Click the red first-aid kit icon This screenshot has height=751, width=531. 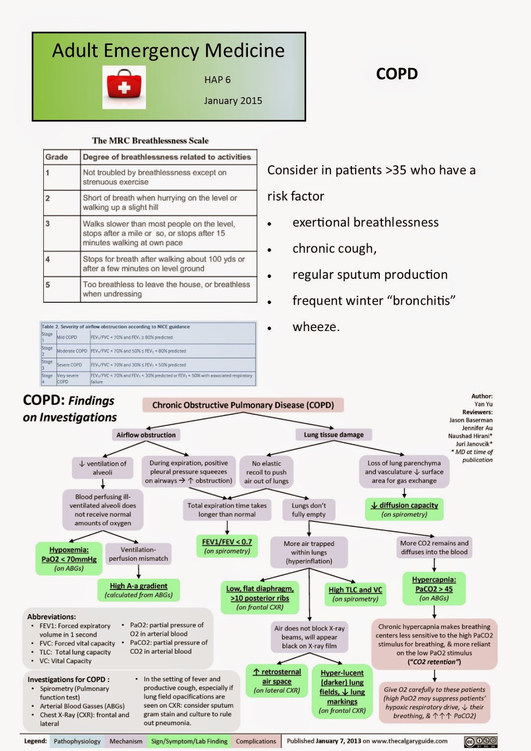(124, 86)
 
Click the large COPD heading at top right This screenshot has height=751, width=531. (397, 74)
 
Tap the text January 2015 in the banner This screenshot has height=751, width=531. (233, 100)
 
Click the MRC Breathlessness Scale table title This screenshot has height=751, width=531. (150, 140)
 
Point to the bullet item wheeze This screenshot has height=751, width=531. (316, 327)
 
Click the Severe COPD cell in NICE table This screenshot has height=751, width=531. (69, 365)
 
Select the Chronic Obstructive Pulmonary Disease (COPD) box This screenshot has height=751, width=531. (243, 405)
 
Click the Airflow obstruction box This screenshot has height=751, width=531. (146, 435)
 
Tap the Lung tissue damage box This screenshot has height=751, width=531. (333, 435)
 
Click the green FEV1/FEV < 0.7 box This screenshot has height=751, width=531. (227, 546)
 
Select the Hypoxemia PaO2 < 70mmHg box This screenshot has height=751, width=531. (69, 559)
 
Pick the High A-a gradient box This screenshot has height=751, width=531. (139, 590)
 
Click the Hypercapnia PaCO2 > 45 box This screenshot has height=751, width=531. (434, 588)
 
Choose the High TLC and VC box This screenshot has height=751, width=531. (355, 594)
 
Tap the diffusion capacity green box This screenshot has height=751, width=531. (404, 509)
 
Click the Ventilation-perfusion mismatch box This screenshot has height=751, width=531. (138, 554)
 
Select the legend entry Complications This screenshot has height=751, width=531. (256, 741)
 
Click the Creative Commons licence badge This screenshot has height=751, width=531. (480, 742)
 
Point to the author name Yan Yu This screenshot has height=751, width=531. (483, 404)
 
